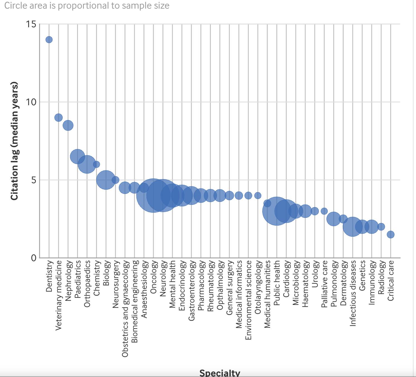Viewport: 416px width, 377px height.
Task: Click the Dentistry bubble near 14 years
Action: pos(49,40)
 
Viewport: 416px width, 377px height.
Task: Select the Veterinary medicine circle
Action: pos(58,117)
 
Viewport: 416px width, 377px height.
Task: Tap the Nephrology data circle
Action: pos(68,125)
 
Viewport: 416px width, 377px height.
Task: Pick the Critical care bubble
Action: pos(391,234)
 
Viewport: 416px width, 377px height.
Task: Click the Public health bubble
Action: pos(276,211)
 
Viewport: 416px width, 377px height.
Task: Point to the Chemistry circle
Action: pos(96,164)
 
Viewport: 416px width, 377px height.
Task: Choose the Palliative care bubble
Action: pos(324,211)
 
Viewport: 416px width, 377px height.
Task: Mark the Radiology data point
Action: pos(381,227)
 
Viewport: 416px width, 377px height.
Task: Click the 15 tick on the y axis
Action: pos(31,24)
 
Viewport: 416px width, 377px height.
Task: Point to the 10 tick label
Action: pos(31,102)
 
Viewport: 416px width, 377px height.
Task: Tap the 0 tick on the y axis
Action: pos(34,258)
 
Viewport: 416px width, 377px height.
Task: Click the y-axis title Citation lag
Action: pos(14,141)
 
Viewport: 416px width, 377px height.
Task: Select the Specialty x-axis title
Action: pos(220,373)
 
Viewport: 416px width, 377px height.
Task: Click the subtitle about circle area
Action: pos(87,6)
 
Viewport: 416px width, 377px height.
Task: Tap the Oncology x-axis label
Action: pos(153,277)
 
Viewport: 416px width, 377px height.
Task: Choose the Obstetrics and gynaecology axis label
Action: pos(125,309)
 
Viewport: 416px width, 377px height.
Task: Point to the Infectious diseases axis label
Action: pos(353,293)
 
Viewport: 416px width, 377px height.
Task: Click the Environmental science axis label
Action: pos(248,300)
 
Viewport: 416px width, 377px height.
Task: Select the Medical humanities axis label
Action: pos(267,294)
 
